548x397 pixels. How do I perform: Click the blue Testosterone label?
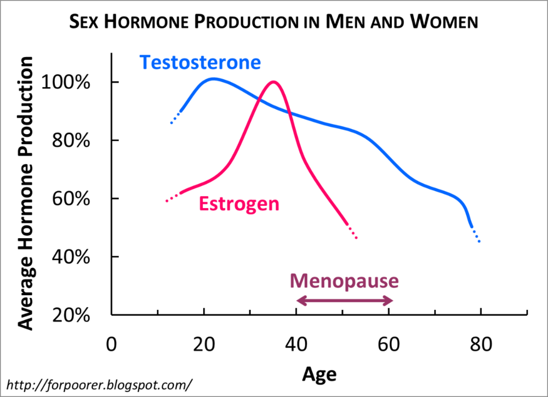[x=199, y=62]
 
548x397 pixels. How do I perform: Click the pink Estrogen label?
[x=239, y=204]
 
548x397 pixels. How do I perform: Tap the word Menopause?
[x=345, y=281]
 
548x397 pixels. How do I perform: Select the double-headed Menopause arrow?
[x=345, y=300]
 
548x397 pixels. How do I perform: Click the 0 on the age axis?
[x=112, y=346]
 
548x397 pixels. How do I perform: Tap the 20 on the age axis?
[x=204, y=346]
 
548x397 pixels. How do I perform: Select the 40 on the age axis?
[x=296, y=346]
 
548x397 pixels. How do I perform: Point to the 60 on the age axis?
[x=389, y=346]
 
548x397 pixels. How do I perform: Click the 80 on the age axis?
[x=481, y=346]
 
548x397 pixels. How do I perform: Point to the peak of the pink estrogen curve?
[x=273, y=82]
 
